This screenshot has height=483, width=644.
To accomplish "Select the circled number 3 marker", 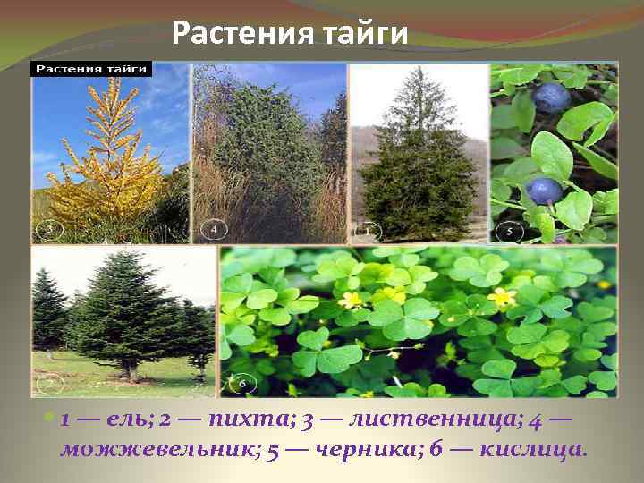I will click(x=51, y=229).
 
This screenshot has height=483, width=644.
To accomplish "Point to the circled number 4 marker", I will click(x=214, y=229).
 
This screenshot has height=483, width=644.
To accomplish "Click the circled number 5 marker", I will click(x=510, y=230).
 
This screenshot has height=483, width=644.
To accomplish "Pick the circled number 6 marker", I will click(x=241, y=385).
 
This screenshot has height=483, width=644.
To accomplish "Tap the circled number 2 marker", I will click(x=51, y=385).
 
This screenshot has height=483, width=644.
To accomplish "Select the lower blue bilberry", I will click(x=543, y=190).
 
